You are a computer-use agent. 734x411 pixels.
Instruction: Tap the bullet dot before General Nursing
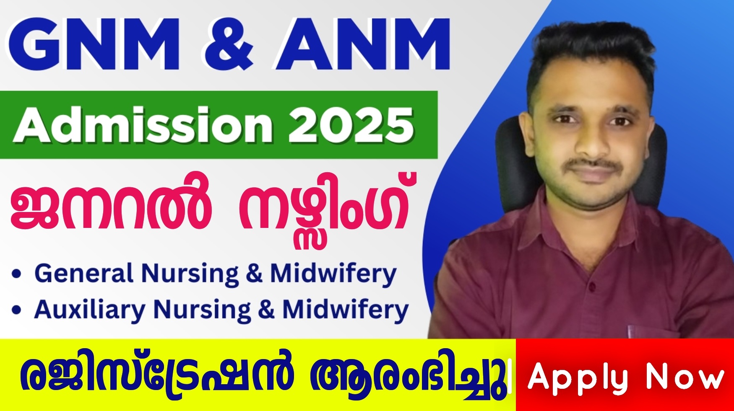coord(17,275)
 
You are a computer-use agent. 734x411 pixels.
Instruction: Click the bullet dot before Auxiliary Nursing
coord(17,310)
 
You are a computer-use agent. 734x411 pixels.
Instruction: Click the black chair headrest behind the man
coord(510,151)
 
